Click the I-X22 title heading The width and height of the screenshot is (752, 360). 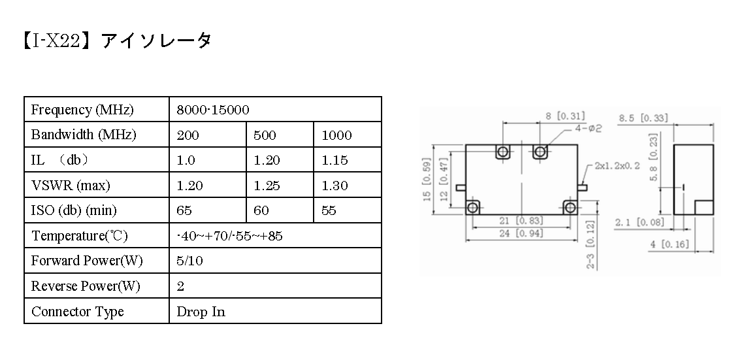(116, 41)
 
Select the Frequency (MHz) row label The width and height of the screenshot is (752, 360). (82, 110)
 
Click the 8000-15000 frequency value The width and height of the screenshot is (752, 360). (213, 110)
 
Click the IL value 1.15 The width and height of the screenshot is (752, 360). (335, 160)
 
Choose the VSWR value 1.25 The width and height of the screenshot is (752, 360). (267, 186)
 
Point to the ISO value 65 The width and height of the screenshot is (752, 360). (184, 210)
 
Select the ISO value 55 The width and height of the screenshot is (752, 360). (329, 210)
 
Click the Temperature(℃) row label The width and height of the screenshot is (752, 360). (80, 236)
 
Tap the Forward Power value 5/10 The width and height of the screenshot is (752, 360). (190, 261)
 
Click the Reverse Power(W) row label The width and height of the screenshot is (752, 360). (86, 286)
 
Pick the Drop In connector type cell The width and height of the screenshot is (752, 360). (201, 312)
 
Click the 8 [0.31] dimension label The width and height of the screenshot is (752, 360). (565, 116)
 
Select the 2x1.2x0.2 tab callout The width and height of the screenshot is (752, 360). (617, 166)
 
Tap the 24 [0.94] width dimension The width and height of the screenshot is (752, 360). (521, 233)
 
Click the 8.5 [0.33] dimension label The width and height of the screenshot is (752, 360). (643, 118)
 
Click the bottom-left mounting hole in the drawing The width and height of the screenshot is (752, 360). (473, 208)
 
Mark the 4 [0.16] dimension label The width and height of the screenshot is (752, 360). (670, 244)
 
